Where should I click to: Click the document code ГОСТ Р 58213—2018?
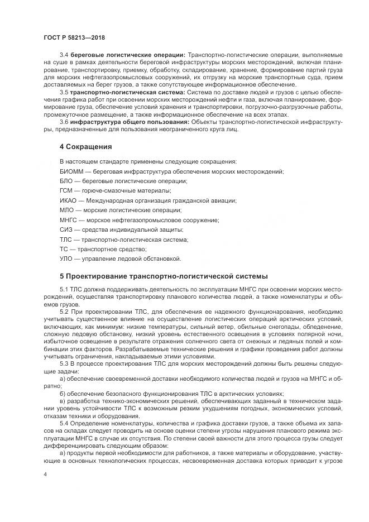(x=74, y=37)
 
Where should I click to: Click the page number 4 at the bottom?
(x=45, y=473)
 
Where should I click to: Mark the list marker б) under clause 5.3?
(x=63, y=393)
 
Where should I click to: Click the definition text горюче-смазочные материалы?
(x=111, y=191)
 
